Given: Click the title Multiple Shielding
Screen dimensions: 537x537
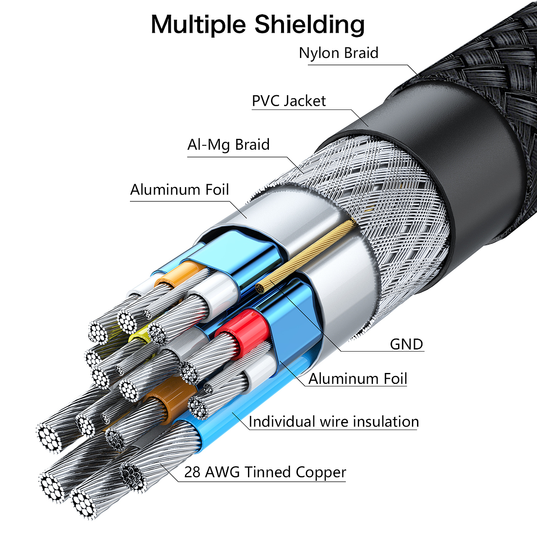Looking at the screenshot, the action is (258, 24).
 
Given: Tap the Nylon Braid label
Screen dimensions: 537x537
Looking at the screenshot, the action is (339, 53).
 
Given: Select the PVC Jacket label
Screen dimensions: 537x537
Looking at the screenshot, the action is (289, 101).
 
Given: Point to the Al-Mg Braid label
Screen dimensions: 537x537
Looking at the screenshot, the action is (229, 145).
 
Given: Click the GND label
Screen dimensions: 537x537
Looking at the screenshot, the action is (406, 344).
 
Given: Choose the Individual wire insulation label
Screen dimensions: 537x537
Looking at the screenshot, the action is (334, 421).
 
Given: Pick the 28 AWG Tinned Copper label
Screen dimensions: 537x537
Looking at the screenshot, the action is (265, 472).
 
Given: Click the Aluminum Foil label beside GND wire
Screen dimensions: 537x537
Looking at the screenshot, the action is (357, 379).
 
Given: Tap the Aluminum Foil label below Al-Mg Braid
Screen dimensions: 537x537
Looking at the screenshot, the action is (180, 190).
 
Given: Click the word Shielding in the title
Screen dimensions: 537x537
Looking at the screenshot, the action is (310, 24).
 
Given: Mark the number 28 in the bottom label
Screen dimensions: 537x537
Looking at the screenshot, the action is (192, 472).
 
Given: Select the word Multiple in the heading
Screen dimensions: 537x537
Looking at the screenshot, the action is (198, 24).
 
